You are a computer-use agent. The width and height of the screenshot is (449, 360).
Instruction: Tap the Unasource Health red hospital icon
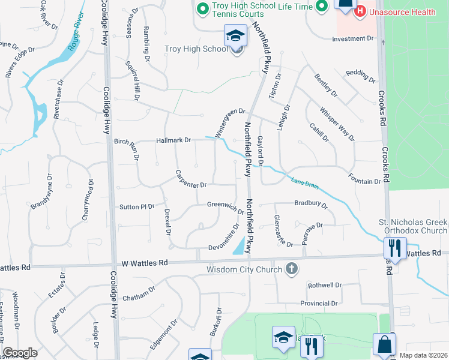click(x=360, y=11)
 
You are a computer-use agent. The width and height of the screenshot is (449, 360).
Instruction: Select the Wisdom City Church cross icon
click(x=292, y=268)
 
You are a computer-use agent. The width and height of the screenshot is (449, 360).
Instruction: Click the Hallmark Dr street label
click(x=173, y=140)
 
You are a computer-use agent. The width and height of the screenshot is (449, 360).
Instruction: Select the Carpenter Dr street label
click(x=191, y=178)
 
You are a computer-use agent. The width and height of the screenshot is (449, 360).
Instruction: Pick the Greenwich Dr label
click(x=226, y=207)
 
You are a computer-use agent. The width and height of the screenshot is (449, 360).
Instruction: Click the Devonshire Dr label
click(x=225, y=239)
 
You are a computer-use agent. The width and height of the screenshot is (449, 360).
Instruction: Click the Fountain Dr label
click(x=364, y=178)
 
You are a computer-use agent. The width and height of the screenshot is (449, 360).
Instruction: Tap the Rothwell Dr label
click(x=324, y=285)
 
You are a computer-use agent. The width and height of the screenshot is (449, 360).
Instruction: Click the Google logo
click(x=20, y=353)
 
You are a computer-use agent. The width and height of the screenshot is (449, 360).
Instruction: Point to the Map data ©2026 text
click(x=423, y=355)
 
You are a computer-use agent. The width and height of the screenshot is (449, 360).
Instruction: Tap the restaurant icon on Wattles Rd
click(x=395, y=248)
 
